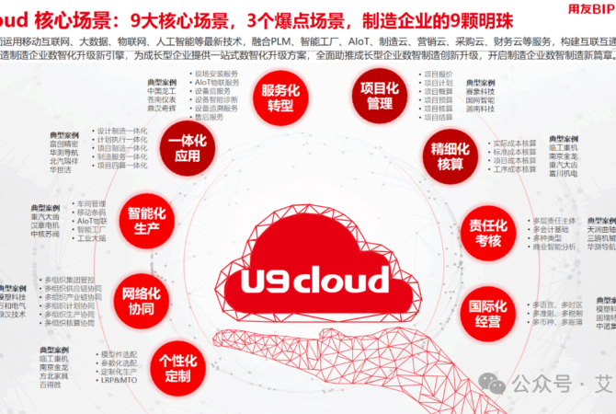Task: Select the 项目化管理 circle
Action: click(x=372, y=96)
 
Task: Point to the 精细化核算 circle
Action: click(x=450, y=155)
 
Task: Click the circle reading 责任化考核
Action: click(x=487, y=233)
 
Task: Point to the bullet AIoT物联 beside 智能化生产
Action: click(x=92, y=221)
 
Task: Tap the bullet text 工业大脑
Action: click(x=92, y=237)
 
